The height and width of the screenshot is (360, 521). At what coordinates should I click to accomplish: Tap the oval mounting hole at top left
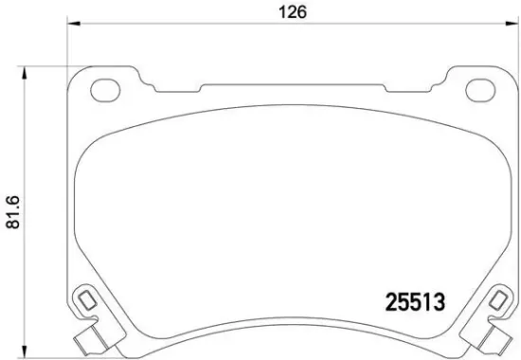click(x=102, y=91)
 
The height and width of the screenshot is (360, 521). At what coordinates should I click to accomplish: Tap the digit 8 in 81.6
click(x=12, y=229)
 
